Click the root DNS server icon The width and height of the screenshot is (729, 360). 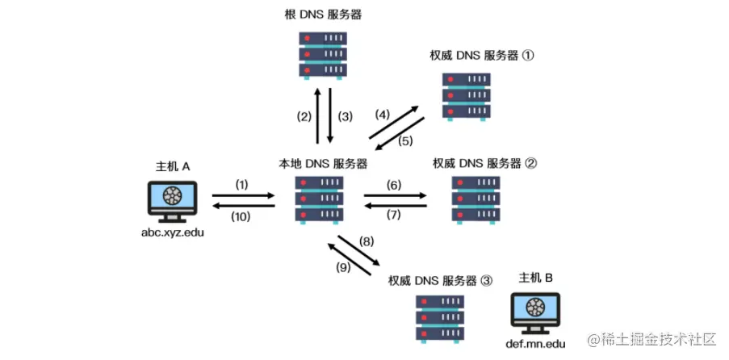(x=322, y=55)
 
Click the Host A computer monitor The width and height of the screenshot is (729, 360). (x=172, y=199)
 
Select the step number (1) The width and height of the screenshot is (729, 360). (x=242, y=185)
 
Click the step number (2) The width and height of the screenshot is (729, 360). (x=304, y=116)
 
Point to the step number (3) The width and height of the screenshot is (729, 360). (x=345, y=116)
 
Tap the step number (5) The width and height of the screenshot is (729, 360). (x=405, y=140)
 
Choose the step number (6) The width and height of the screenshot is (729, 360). (x=394, y=185)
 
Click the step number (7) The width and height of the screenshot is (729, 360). (x=394, y=216)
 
